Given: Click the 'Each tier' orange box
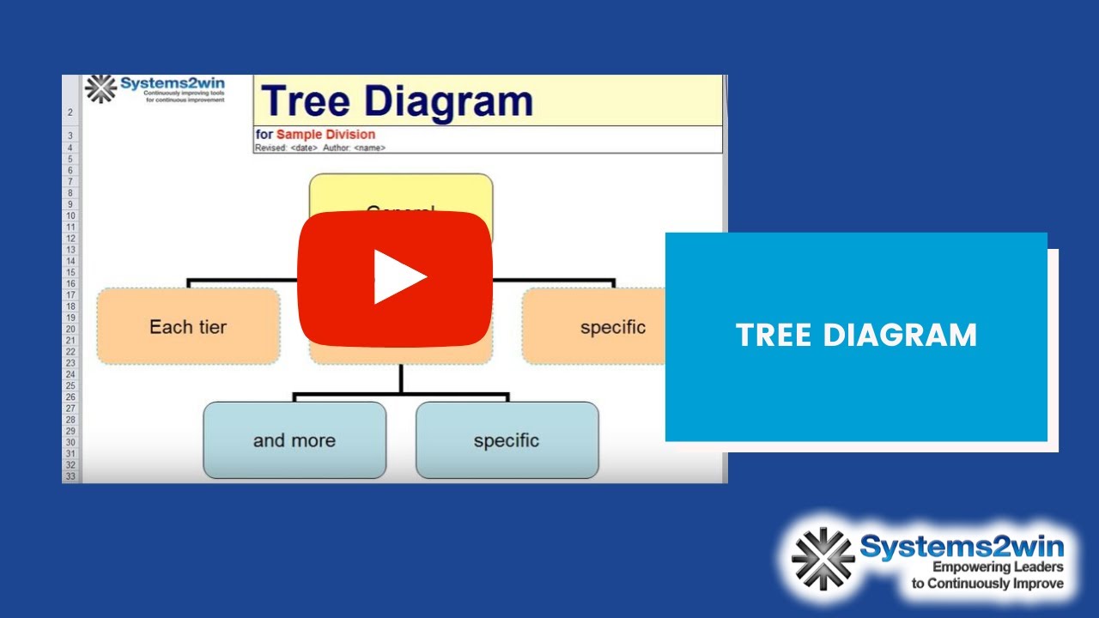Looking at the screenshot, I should pos(188,326).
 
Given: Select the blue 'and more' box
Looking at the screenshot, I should pos(294,440).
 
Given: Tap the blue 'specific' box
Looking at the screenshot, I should pos(507,440).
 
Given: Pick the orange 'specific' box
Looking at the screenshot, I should pos(601,327).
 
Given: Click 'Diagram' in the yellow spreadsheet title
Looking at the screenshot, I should pos(448,100).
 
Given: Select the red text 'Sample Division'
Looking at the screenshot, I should pos(325,135).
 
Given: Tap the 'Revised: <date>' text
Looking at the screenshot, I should pos(287,148).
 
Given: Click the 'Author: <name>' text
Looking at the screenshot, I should pos(354,148).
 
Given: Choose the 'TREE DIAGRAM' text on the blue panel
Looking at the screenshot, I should pos(856,335).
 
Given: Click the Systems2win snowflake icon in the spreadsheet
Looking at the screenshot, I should pos(100,88).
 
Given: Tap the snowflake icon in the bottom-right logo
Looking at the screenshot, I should pos(822,557).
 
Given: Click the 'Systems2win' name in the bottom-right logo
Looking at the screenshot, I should pos(962,546).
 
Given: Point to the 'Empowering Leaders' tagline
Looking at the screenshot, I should pos(998,567).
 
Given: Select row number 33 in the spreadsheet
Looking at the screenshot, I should pos(70,476).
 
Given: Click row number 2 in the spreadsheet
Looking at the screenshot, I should pos(70,112).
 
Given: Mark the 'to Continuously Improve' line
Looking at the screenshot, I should pos(987,584).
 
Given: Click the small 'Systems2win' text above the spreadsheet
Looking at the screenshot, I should pos(173,83).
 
